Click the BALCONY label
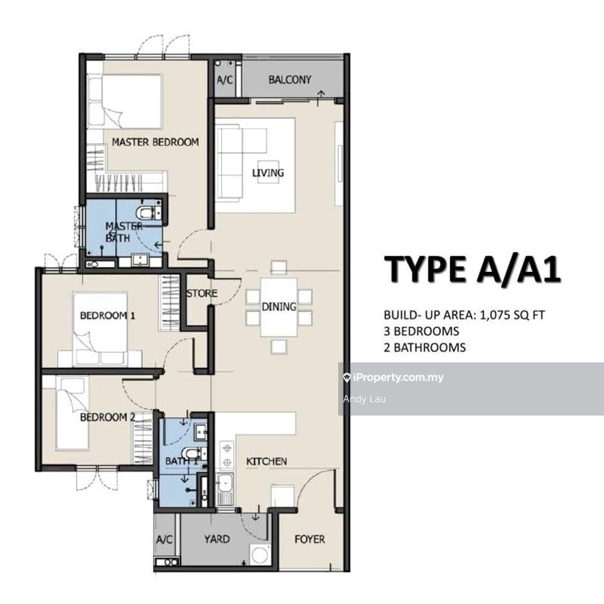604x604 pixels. click(290, 80)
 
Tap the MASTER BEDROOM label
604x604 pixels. click(155, 142)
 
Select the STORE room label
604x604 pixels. click(202, 294)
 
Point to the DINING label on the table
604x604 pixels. click(279, 307)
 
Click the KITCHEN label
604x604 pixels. click(266, 461)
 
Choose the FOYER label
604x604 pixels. click(310, 539)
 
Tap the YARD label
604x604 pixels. click(217, 539)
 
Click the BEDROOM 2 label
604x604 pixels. click(108, 417)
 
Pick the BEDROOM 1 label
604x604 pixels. click(108, 316)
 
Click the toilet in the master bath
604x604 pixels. click(149, 212)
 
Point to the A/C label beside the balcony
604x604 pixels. click(225, 80)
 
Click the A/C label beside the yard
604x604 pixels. click(164, 539)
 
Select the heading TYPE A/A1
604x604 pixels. click(472, 269)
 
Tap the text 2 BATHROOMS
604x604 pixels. click(425, 347)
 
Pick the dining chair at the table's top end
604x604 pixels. click(278, 268)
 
